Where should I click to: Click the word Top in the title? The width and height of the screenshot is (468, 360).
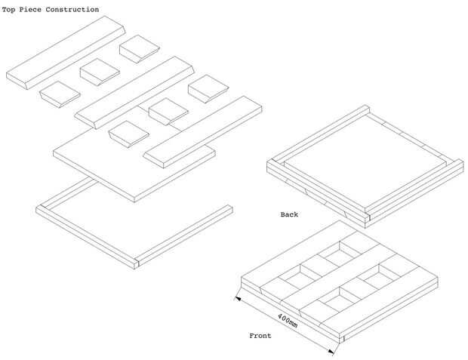[11, 10]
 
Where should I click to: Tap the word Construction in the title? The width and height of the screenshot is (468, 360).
[74, 10]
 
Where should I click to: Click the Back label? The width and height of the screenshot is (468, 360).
[289, 214]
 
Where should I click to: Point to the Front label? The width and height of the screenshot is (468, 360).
[260, 335]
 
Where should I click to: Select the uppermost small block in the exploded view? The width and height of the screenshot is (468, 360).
[138, 48]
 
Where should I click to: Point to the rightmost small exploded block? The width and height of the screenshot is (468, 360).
[208, 88]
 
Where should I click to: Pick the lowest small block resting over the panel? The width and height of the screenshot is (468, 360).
[128, 134]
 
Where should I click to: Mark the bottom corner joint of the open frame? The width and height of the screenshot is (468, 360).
[137, 262]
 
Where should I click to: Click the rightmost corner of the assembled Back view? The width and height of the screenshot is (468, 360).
[460, 162]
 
